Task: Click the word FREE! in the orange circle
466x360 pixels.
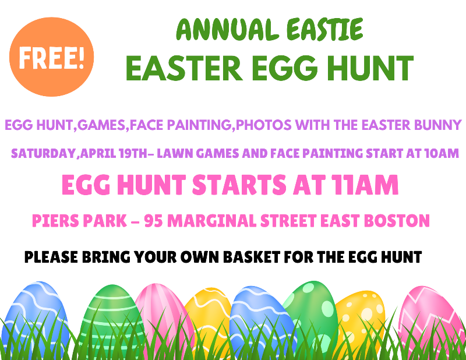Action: [52, 57]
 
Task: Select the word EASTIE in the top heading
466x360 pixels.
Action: [325, 29]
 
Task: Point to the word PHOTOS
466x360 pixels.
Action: [263, 125]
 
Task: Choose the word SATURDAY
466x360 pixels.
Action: [43, 153]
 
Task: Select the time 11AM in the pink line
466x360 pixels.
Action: [365, 185]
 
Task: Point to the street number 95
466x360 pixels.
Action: [153, 221]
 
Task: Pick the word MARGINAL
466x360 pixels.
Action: [212, 221]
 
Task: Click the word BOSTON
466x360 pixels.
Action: [397, 221]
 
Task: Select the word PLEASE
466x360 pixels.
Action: [51, 257]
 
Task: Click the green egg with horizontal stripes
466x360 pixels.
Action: [112, 321]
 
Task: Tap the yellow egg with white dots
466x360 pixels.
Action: [361, 323]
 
